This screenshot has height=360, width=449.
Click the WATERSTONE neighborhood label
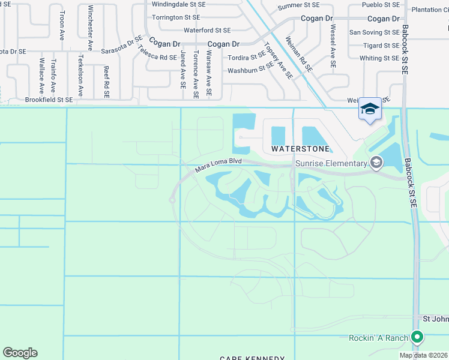coord(300,148)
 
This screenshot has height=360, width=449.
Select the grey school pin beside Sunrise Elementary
coord(376,162)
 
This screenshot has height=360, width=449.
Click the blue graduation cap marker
coord(370,109)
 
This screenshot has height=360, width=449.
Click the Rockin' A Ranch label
coord(379,338)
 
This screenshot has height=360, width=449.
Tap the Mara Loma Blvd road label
coord(218,165)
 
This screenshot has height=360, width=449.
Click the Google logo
coord(20,353)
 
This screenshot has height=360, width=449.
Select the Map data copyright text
coord(423,355)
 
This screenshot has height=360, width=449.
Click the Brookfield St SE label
coord(49,100)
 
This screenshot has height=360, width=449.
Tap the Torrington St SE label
coord(175,17)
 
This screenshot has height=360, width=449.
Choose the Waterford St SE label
coord(207,30)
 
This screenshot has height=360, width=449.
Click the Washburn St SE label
coord(250,70)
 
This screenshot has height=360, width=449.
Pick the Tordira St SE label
coord(247,58)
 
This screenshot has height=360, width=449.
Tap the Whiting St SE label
coord(379,58)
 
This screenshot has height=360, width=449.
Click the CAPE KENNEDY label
coord(252,358)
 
